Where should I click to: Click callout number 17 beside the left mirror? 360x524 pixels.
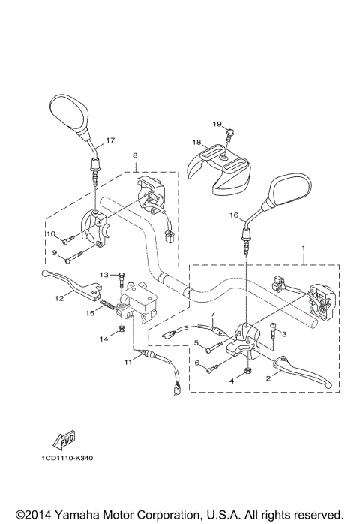109,140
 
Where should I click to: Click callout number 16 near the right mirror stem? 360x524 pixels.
233,215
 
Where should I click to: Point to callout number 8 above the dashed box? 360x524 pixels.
135,156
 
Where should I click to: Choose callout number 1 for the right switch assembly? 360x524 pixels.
302,248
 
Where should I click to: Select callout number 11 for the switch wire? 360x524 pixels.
127,363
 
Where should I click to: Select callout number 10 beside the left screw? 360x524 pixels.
52,234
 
